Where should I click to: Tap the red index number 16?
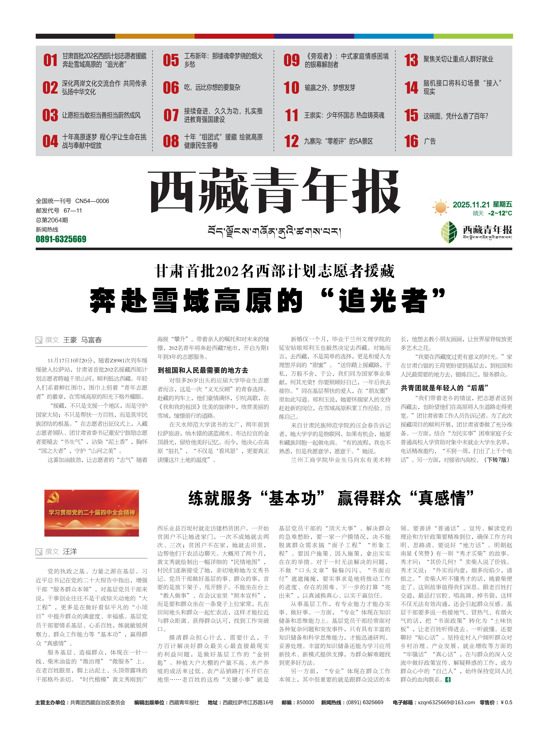tap(411, 141)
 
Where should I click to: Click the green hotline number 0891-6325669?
tap(61, 239)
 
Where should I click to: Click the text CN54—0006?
tap(92, 201)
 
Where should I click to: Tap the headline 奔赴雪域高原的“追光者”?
tap(267, 300)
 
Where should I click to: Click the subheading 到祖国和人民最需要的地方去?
tap(203, 370)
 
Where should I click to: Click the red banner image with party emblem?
tap(92, 513)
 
